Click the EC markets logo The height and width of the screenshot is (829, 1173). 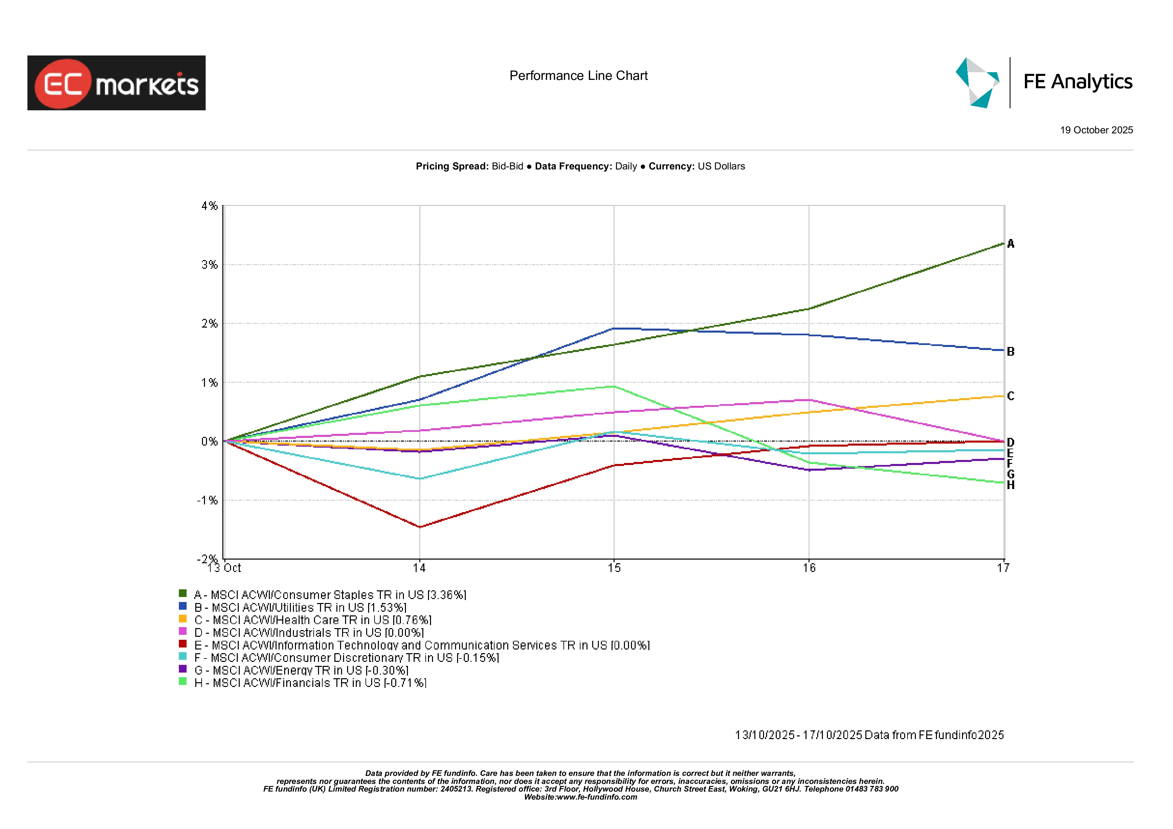[x=116, y=83]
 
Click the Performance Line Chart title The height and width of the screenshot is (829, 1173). [x=578, y=76]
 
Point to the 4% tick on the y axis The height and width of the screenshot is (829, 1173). [x=209, y=206]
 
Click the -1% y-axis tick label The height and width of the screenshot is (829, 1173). [x=207, y=500]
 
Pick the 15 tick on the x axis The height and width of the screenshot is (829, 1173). [x=614, y=568]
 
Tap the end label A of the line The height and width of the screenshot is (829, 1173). [x=1010, y=244]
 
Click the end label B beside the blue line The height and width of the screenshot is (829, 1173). [x=1010, y=352]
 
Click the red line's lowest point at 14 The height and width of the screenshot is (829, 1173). [x=419, y=526]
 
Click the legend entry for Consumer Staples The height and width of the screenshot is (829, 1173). [x=329, y=595]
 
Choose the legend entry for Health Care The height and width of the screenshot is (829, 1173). [x=313, y=620]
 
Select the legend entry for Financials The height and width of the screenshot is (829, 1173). [x=310, y=683]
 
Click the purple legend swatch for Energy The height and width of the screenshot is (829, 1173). [x=182, y=669]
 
